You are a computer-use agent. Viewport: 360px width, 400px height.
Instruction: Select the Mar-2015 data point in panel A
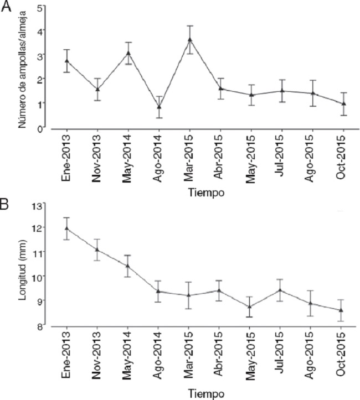click(190, 39)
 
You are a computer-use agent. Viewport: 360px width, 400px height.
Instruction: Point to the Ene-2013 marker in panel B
click(67, 228)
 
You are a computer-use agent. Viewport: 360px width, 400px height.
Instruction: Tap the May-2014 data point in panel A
click(128, 53)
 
